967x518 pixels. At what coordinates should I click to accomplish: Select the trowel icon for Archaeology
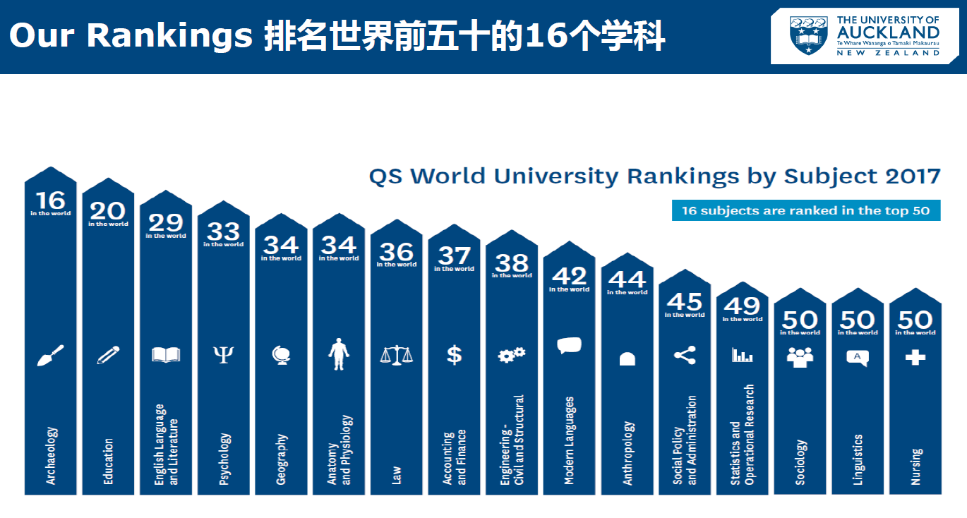tap(50, 355)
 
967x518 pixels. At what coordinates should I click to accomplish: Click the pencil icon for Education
tap(108, 355)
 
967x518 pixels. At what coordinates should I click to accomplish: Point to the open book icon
tap(166, 354)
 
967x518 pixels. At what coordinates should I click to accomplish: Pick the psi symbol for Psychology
tap(223, 354)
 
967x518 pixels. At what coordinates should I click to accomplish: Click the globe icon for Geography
tap(281, 355)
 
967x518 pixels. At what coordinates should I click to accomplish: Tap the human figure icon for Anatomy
tap(339, 354)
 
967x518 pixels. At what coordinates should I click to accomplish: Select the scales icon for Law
tap(397, 354)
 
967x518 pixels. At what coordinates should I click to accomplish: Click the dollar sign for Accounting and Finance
tap(455, 355)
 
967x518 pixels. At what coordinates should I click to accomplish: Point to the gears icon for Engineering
tap(512, 355)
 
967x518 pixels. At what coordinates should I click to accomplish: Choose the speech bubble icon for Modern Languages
tap(569, 346)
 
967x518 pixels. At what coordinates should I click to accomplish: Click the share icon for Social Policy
tap(685, 355)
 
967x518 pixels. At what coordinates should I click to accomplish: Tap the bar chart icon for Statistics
tap(743, 355)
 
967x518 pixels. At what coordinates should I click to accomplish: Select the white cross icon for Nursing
tap(915, 358)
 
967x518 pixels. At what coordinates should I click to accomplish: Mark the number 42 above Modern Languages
tap(569, 275)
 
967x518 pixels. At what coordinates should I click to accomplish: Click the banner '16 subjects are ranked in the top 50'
tap(806, 210)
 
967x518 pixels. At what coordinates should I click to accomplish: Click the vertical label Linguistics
tap(858, 459)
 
